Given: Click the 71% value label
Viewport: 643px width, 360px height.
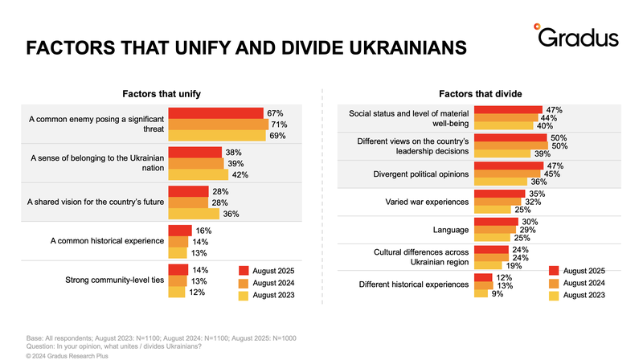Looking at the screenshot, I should (x=279, y=125).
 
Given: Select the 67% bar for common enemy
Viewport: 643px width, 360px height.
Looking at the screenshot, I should (x=215, y=113).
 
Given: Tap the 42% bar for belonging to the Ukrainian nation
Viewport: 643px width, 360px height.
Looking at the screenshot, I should (x=197, y=174).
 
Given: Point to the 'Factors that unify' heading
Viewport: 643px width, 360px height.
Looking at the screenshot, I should (x=162, y=94).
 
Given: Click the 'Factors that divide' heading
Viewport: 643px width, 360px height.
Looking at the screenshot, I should (x=481, y=94).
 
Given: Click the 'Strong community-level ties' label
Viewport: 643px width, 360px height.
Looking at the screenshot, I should (x=114, y=281).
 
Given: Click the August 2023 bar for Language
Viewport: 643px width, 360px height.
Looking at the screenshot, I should (x=493, y=239).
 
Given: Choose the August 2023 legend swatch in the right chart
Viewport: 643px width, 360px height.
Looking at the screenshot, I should (x=553, y=295).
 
